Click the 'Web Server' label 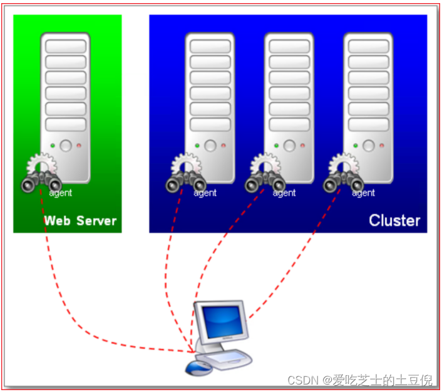tap(80, 221)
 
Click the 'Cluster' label tap(394, 221)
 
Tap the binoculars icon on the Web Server tap(41, 183)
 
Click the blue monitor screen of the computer tap(220, 321)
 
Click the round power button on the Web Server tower tap(66, 146)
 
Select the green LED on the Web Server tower tap(53, 146)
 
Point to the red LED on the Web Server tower tap(79, 146)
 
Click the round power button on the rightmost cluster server tap(368, 146)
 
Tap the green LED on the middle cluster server tap(276, 146)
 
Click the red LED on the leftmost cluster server tap(224, 146)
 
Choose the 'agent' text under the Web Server tap(61, 193)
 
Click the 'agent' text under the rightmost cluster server tap(363, 193)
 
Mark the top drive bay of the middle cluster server tap(289, 47)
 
